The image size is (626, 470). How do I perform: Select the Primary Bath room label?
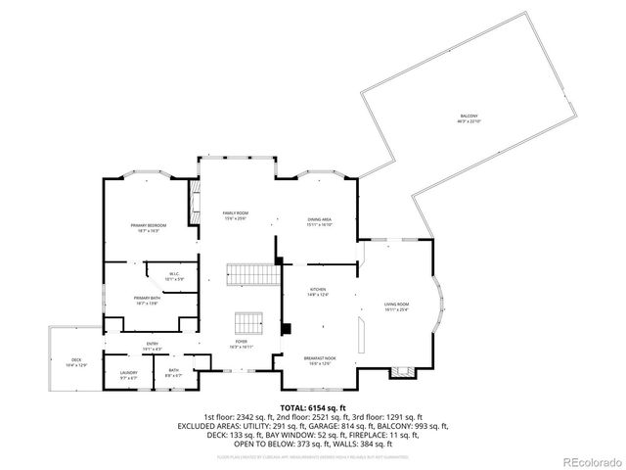147,301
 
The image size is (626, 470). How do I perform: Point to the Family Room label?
235,215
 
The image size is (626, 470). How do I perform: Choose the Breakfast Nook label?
321,361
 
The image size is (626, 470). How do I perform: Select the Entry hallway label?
153,345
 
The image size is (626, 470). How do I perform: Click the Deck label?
76,363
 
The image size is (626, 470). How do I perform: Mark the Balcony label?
469,119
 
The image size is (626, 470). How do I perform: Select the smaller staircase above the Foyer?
248,322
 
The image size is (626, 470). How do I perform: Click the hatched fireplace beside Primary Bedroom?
194,200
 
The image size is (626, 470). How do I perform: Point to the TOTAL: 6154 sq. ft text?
312,407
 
